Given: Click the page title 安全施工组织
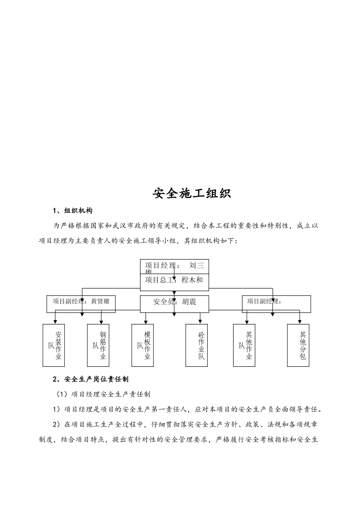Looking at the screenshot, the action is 191,193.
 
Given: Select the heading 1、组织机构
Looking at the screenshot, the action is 73,211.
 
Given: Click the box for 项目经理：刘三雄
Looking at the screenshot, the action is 174,266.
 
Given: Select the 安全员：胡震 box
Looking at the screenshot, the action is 174,304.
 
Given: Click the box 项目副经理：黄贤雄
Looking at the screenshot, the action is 81,304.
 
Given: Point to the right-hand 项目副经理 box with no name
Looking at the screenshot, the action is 276,304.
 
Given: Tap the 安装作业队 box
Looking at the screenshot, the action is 53,345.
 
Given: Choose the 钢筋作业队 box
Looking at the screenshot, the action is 98,345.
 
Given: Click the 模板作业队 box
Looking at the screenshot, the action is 143,345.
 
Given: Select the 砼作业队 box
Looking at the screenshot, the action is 197,345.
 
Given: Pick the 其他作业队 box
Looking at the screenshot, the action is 244,345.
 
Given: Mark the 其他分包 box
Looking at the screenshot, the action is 298,345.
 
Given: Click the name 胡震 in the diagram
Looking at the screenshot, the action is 189,302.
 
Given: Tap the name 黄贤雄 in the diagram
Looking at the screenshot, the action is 100,301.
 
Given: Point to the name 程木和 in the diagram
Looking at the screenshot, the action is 192,280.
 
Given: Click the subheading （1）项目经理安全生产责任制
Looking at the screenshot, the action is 103,394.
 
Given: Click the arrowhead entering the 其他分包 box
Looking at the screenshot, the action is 300,322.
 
